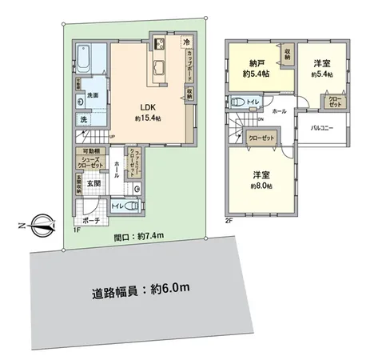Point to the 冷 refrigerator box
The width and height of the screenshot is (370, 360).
point(186,42)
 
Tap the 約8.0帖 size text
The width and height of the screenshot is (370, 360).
point(261,186)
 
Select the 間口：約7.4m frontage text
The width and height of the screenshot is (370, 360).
point(141,237)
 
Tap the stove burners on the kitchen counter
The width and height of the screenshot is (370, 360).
point(157,43)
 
